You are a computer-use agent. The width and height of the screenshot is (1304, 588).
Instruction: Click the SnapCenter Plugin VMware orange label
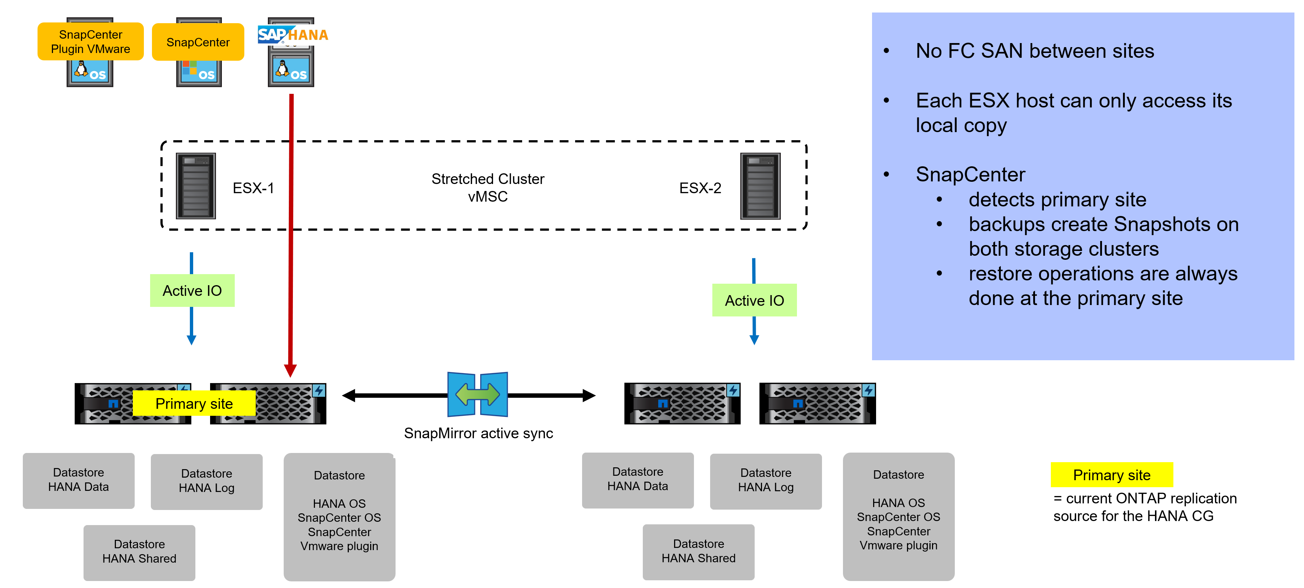pyautogui.click(x=90, y=42)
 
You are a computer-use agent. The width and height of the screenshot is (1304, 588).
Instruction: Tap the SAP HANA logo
pyautogui.click(x=293, y=35)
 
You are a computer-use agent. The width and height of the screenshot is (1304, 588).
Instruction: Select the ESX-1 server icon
pyautogui.click(x=195, y=186)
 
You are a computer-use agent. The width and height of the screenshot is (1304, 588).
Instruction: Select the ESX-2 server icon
pyautogui.click(x=760, y=186)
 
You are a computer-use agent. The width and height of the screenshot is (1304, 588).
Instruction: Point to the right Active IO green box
pyautogui.click(x=754, y=300)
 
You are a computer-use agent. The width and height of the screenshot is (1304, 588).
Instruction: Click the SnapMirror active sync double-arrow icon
pyautogui.click(x=477, y=394)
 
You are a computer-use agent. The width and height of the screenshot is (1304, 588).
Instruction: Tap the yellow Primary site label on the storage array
pyautogui.click(x=194, y=403)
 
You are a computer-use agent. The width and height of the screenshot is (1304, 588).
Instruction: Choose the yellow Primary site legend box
pyautogui.click(x=1111, y=475)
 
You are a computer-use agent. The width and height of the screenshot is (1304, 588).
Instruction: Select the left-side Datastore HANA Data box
pyautogui.click(x=78, y=480)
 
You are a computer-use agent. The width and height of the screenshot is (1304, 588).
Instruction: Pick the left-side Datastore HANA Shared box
pyautogui.click(x=139, y=552)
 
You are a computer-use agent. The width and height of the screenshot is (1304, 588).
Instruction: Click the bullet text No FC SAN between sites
pyautogui.click(x=1034, y=51)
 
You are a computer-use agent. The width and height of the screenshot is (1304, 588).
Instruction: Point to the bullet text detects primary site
pyautogui.click(x=1057, y=199)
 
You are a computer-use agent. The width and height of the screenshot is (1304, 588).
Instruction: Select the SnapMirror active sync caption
pyautogui.click(x=478, y=433)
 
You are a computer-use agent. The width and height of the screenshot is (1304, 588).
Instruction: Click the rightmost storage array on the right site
pyautogui.click(x=817, y=403)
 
